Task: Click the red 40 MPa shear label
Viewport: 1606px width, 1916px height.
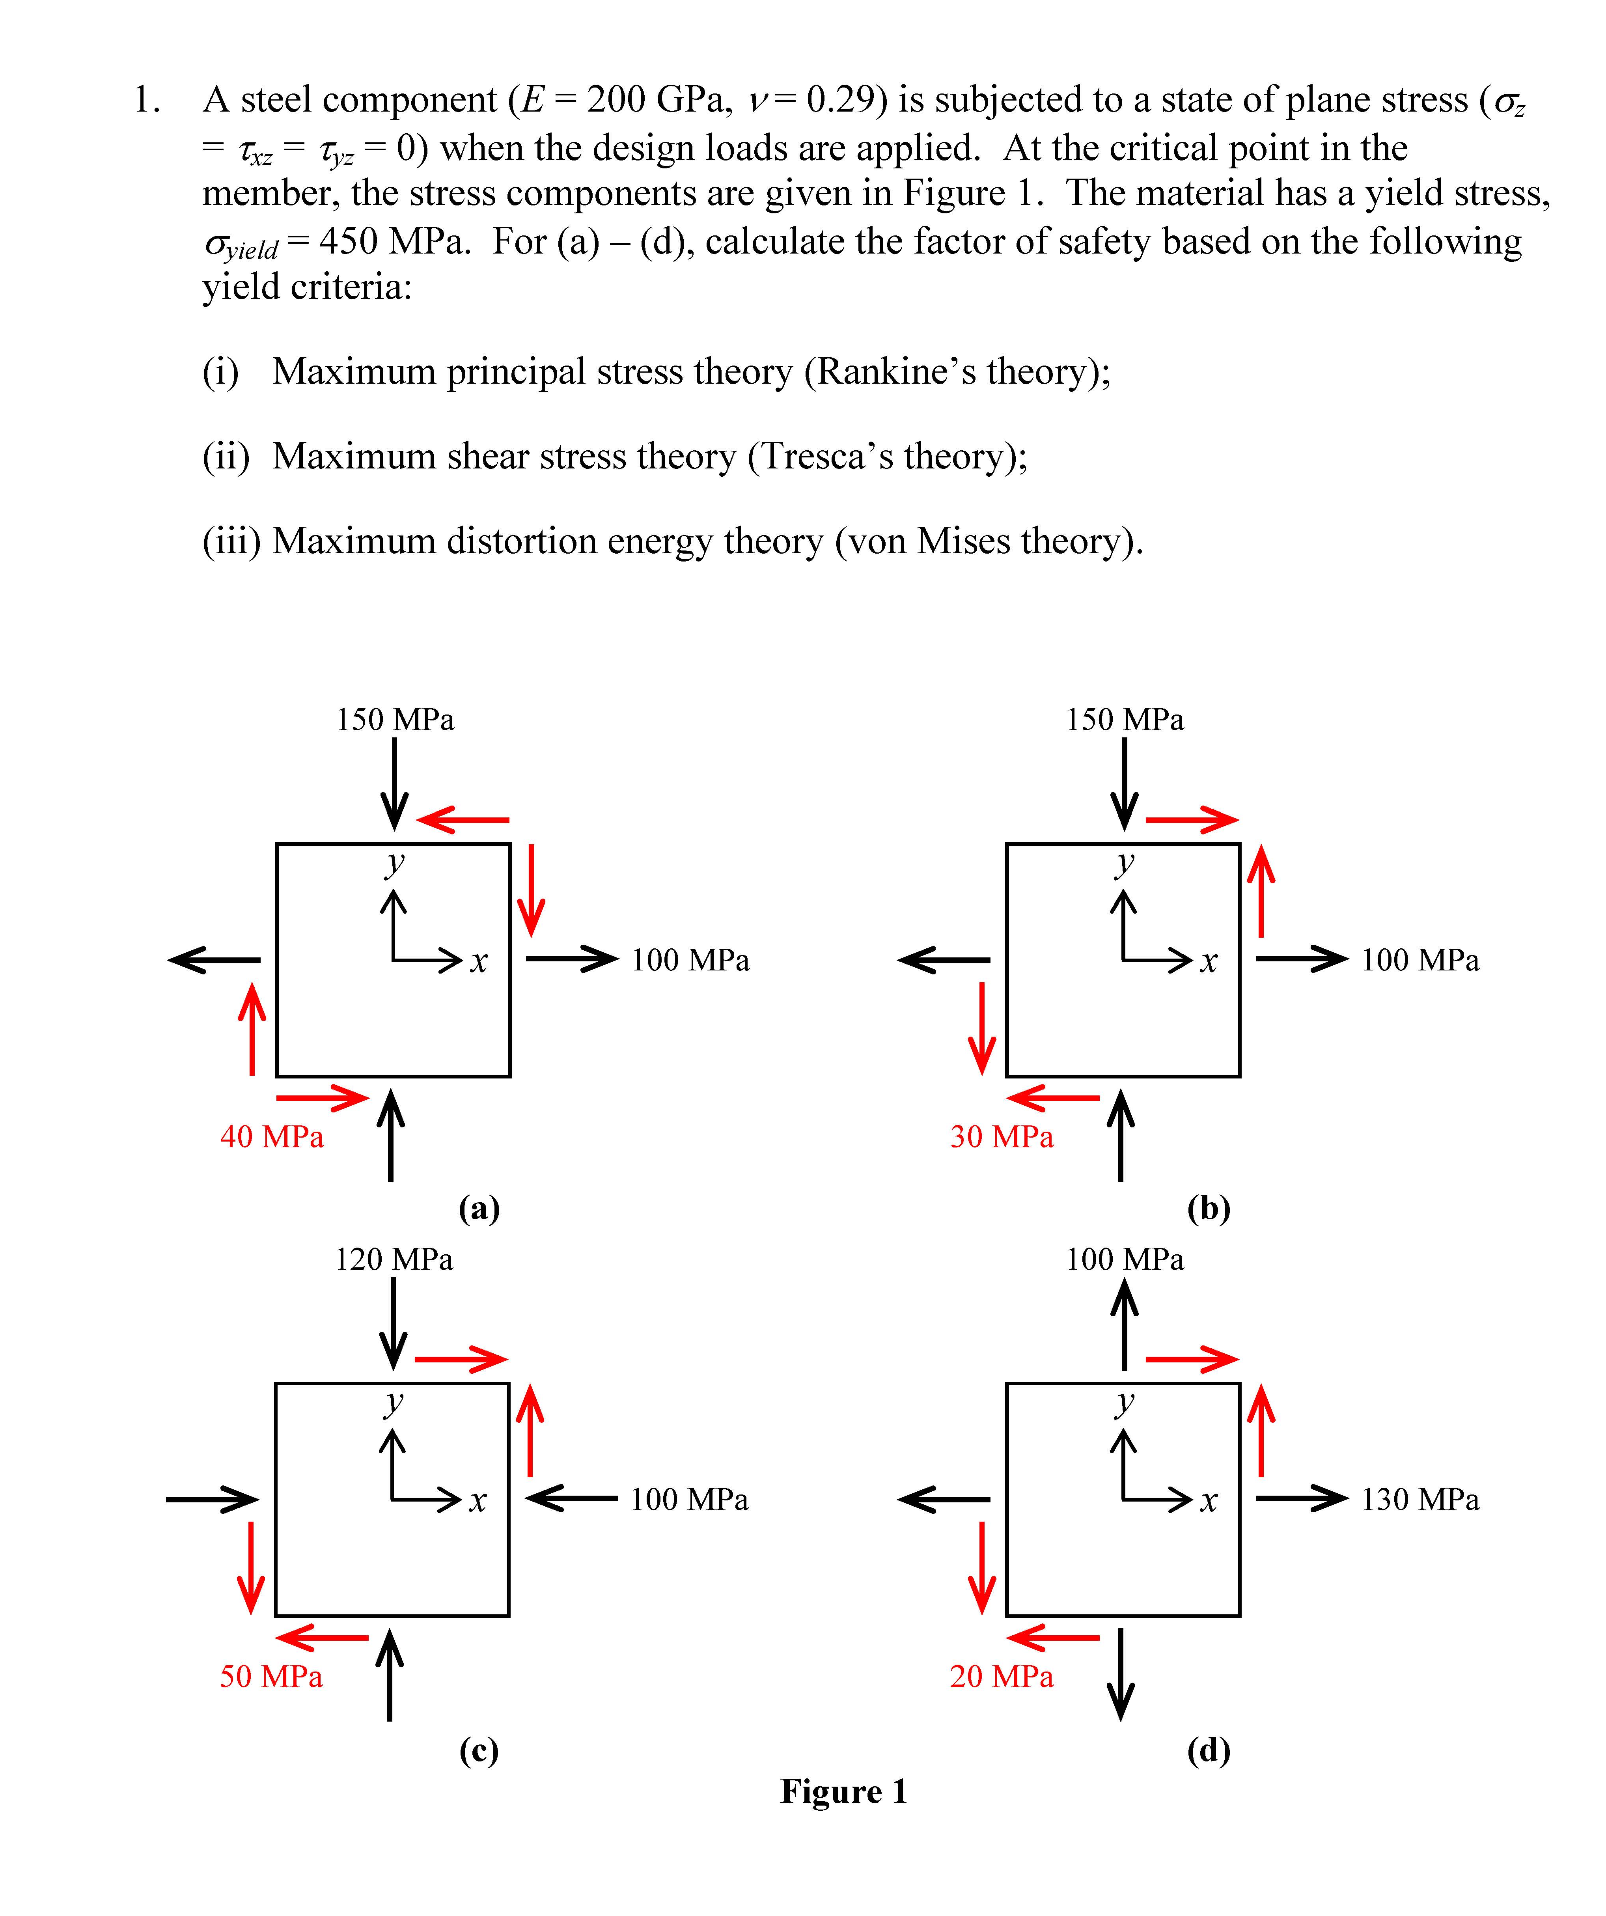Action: [272, 1137]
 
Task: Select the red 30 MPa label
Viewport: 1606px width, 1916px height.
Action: [1002, 1137]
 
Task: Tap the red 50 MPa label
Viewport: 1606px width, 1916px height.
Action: [271, 1677]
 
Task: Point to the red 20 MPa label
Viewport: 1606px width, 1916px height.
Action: [1002, 1677]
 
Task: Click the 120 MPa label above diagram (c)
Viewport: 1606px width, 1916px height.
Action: [394, 1260]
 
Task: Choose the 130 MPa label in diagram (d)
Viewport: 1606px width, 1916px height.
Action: [1420, 1500]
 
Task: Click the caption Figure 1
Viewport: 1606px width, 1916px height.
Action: [844, 1791]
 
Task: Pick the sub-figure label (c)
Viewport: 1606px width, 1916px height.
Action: [479, 1750]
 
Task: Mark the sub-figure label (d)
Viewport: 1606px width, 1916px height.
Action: [1209, 1750]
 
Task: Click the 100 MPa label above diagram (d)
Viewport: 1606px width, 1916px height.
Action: [1125, 1260]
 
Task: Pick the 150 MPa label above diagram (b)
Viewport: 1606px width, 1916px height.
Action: [1125, 720]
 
